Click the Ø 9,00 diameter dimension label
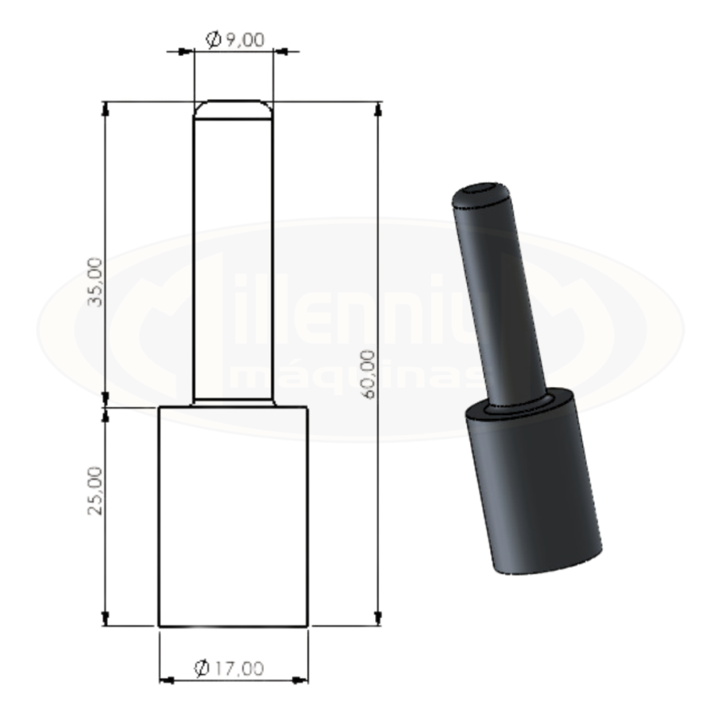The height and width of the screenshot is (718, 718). point(235,40)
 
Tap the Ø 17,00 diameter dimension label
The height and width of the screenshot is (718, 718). point(229,669)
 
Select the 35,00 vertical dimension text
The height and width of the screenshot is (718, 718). point(95,282)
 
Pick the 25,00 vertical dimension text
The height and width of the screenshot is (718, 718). point(95,491)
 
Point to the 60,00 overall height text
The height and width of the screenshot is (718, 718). point(368,374)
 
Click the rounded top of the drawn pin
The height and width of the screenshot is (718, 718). point(234,109)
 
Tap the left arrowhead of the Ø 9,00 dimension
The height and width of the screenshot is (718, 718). point(184,51)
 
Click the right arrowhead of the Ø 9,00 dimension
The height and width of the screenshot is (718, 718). point(282,51)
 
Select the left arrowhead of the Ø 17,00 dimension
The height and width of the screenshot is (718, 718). point(168,681)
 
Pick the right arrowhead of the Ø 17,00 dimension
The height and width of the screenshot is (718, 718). point(300,681)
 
